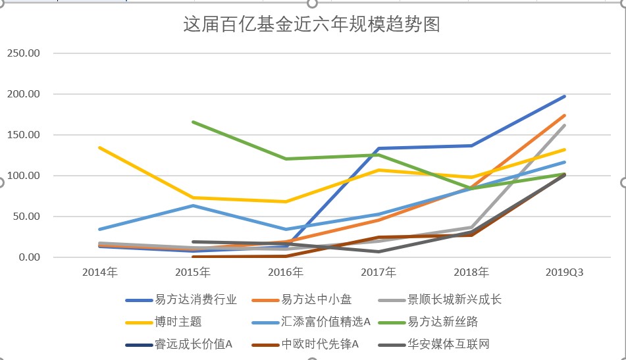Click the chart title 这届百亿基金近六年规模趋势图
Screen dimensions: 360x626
pos(311,25)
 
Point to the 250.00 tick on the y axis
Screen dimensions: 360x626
pos(24,53)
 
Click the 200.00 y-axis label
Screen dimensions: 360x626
pos(24,94)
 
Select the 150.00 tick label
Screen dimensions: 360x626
pos(24,135)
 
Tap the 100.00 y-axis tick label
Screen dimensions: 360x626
pos(24,176)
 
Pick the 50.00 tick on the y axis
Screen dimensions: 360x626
pos(26,217)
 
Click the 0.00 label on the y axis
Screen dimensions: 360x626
pos(29,257)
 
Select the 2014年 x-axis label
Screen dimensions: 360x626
pos(99,272)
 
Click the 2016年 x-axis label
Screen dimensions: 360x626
pos(286,272)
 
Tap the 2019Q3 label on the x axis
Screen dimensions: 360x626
pos(565,272)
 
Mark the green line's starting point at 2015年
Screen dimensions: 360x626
pos(193,122)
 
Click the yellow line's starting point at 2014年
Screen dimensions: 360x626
pos(99,147)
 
